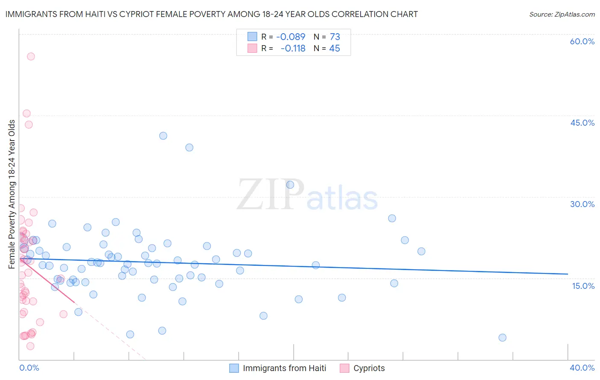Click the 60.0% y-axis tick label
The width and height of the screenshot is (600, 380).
pyautogui.click(x=582, y=41)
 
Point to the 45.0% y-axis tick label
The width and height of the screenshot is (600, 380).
pyautogui.click(x=582, y=123)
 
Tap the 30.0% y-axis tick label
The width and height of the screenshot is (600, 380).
pyautogui.click(x=582, y=204)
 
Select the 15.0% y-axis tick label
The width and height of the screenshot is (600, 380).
pyautogui.click(x=583, y=286)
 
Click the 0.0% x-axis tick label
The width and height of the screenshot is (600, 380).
pyautogui.click(x=29, y=368)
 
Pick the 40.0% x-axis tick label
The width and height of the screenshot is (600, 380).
pyautogui.click(x=582, y=368)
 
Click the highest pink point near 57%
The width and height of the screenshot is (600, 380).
pyautogui.click(x=31, y=56)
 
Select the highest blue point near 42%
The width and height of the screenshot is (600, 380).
pyautogui.click(x=163, y=136)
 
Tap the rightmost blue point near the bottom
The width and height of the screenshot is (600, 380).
pyautogui.click(x=502, y=337)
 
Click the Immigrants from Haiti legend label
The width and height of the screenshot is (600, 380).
pyautogui.click(x=284, y=368)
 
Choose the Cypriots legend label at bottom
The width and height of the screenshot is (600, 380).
pyautogui.click(x=369, y=368)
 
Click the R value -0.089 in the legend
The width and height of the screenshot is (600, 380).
pyautogui.click(x=291, y=37)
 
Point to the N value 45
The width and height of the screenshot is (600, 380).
pyautogui.click(x=335, y=49)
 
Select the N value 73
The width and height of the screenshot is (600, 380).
pyautogui.click(x=335, y=37)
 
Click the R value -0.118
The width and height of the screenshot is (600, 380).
pyautogui.click(x=293, y=49)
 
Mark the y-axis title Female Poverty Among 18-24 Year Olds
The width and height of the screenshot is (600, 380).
pyautogui.click(x=12, y=194)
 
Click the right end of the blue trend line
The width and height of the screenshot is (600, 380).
pyautogui.click(x=568, y=274)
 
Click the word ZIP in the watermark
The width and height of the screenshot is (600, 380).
pyautogui.click(x=270, y=195)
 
